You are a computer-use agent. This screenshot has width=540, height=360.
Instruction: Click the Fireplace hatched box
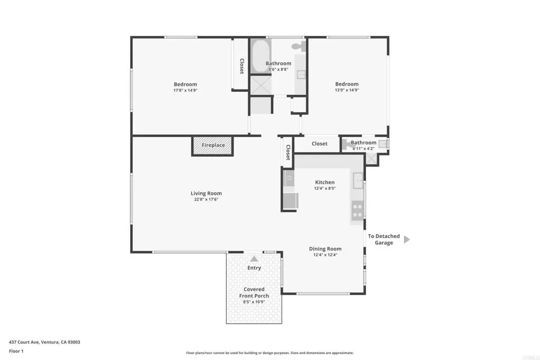213,146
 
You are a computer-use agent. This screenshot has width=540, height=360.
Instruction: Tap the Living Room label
206,193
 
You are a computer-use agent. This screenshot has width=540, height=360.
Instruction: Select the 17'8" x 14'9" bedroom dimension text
185,91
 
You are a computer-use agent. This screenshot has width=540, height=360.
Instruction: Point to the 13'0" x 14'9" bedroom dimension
347,90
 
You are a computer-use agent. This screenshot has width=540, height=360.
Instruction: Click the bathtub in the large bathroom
260,56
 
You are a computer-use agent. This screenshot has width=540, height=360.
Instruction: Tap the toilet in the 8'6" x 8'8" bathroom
299,46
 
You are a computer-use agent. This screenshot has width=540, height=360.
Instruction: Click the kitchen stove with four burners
357,211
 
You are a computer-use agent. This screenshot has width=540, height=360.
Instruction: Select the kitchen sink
358,181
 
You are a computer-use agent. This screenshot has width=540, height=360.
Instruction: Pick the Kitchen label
325,182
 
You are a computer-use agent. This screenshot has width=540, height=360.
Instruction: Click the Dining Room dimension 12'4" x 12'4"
325,255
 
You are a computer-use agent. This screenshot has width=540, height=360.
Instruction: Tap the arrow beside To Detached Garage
407,239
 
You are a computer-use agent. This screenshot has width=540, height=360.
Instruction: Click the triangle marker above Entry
254,259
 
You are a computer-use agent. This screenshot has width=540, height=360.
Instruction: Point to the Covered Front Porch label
254,293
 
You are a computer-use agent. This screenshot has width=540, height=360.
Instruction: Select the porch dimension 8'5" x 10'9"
254,302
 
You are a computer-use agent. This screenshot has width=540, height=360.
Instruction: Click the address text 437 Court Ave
24,342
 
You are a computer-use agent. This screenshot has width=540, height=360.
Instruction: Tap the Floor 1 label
16,352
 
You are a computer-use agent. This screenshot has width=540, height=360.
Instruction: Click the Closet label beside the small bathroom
320,144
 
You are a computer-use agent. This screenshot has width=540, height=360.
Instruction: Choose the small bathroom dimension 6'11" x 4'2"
363,149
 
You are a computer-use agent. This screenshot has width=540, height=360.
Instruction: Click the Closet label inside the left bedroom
242,66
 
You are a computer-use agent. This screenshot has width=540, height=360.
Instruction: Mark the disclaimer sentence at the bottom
270,353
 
